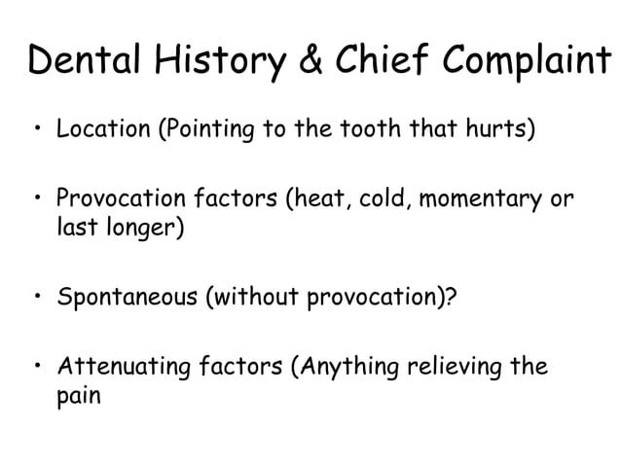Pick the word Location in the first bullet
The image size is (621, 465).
98,129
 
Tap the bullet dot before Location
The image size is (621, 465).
37,129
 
